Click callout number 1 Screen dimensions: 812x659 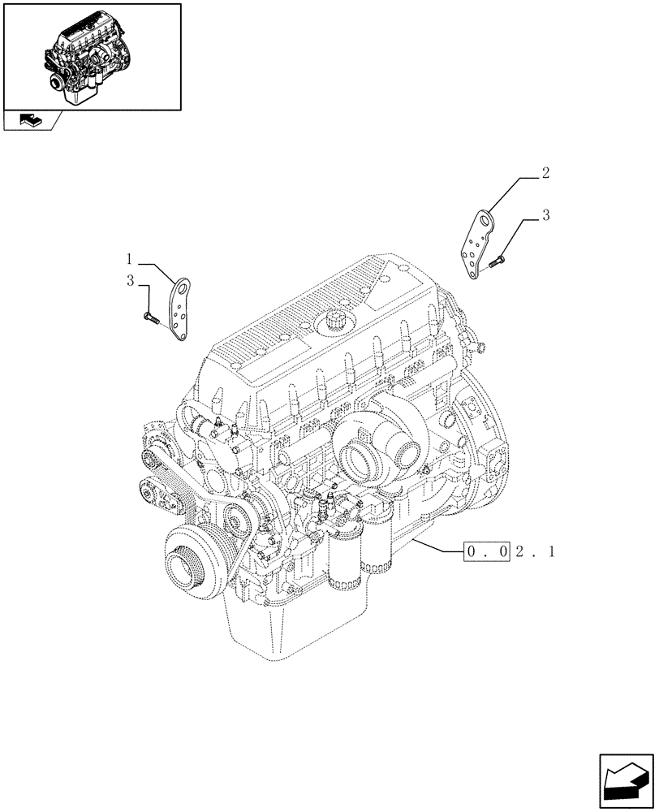pyautogui.click(x=129, y=260)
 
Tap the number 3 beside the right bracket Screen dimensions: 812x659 pyautogui.click(x=546, y=215)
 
